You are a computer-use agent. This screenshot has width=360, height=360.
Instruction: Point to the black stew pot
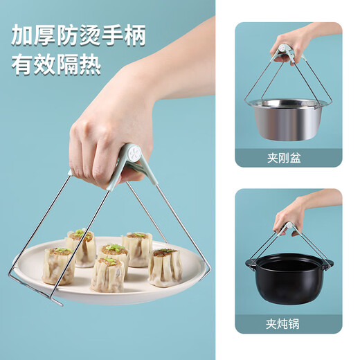[x=287, y=284]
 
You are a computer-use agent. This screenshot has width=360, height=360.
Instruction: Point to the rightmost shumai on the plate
[x=165, y=267]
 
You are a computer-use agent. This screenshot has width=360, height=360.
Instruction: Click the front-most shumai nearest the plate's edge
[x=107, y=275]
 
